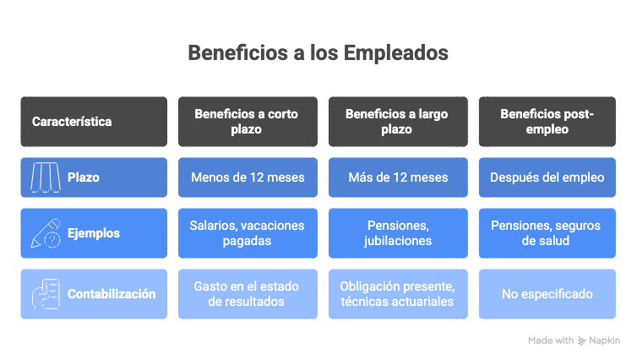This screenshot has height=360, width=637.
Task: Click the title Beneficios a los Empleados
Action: click(x=318, y=53)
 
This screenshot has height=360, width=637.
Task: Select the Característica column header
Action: click(x=94, y=122)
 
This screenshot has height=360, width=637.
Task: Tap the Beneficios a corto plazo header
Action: click(x=248, y=122)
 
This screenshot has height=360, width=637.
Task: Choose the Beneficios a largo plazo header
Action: click(x=398, y=122)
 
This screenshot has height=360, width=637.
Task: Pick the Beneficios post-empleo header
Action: click(x=547, y=122)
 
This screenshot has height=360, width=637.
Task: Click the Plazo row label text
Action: click(x=84, y=177)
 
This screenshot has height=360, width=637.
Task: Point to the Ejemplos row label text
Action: click(x=94, y=233)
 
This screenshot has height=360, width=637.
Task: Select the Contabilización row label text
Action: click(x=112, y=294)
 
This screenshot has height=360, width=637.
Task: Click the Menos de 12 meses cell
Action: click(x=248, y=177)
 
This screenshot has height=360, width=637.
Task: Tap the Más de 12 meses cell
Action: click(x=398, y=177)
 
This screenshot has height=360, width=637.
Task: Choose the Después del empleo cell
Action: click(x=547, y=177)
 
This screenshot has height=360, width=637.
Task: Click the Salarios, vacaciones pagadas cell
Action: click(x=248, y=233)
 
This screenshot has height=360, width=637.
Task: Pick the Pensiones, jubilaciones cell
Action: click(x=398, y=233)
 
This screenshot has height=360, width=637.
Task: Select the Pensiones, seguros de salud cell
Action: click(x=547, y=233)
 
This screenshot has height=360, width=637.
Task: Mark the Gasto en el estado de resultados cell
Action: click(x=248, y=294)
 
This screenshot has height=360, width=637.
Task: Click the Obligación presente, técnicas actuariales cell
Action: click(x=398, y=294)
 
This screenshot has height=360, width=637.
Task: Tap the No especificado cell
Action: click(x=547, y=294)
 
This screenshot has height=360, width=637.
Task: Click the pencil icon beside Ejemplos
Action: click(x=46, y=233)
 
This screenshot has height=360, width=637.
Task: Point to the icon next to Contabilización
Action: click(x=46, y=294)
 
